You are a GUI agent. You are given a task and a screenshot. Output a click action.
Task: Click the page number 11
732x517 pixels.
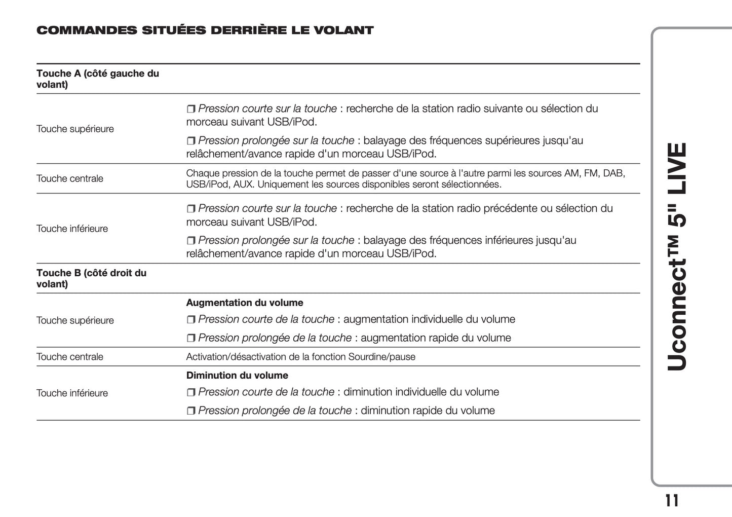click(x=672, y=501)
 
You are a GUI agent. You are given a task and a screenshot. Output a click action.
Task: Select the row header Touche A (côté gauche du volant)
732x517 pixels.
click(x=97, y=79)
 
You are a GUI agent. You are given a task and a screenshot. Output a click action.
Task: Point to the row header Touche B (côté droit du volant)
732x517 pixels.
click(x=91, y=278)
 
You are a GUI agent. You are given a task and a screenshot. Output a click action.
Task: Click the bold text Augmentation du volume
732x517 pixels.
click(x=245, y=303)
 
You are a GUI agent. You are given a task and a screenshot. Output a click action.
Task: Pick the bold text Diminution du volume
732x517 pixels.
click(x=237, y=376)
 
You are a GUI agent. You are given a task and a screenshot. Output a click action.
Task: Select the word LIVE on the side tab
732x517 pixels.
click(x=677, y=169)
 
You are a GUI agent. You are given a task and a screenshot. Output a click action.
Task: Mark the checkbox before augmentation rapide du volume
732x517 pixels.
click(x=191, y=339)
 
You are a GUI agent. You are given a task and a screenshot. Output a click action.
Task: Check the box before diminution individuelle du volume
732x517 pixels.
click(x=191, y=393)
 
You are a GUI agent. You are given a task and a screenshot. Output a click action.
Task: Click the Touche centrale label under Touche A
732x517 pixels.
click(x=70, y=178)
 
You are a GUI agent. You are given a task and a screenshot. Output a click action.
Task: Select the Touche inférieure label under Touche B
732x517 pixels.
click(x=72, y=393)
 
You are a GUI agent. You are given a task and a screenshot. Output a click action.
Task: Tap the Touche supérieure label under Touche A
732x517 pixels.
click(x=75, y=129)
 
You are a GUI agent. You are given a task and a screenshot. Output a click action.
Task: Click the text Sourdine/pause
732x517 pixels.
click(x=381, y=357)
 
